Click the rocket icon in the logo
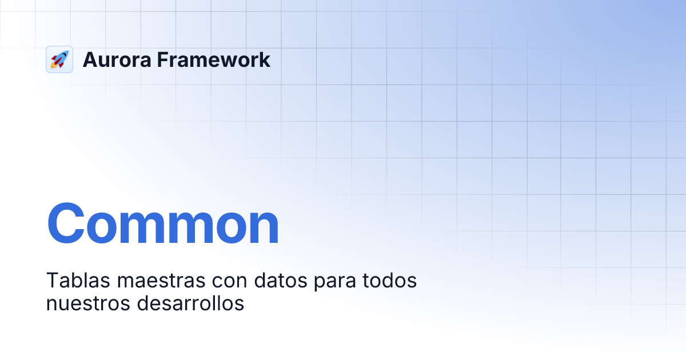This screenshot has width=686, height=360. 59,59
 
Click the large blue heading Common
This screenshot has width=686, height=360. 163,223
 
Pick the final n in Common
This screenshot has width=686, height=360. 262,229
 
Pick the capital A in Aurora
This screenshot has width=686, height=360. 90,59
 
